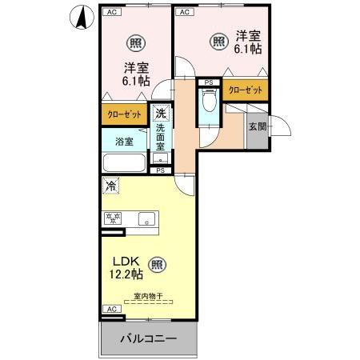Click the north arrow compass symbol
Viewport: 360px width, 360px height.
coord(82,18)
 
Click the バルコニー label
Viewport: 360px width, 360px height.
coord(148,338)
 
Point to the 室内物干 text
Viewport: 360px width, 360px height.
coord(148,297)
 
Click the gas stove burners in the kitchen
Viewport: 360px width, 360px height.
coord(111,218)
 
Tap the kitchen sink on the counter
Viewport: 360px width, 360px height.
coord(146,218)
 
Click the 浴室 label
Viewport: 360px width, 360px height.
coord(123,142)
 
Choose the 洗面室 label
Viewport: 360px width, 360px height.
coord(160,137)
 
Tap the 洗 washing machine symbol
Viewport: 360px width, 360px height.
coord(161,114)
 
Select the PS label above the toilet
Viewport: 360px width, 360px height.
coord(209,82)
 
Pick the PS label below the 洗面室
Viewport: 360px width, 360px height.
coord(160,170)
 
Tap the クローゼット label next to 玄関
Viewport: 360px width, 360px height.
coord(246,90)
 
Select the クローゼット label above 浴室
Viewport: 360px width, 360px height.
coord(125,114)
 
